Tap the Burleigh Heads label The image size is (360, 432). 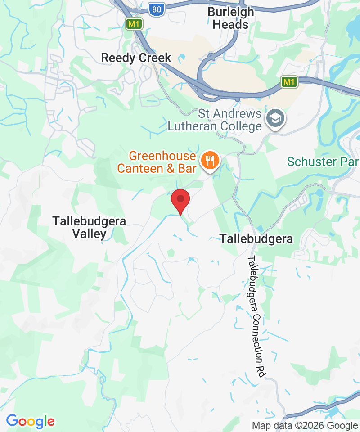(x=230, y=18)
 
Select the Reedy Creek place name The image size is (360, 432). (x=136, y=58)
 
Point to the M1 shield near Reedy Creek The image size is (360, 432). (x=134, y=24)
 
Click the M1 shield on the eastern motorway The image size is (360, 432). (x=289, y=82)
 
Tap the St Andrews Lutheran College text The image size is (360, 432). (x=215, y=120)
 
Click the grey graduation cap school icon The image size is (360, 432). (x=273, y=119)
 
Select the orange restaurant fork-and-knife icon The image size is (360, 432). (x=209, y=160)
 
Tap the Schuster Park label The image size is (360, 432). (x=323, y=161)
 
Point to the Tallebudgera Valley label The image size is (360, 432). (x=89, y=227)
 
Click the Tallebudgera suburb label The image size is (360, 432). (x=256, y=239)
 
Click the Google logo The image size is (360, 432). (x=30, y=422)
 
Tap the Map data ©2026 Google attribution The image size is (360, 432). (x=305, y=425)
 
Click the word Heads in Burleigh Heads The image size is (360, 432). (x=230, y=25)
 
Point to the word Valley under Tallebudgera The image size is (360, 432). (x=90, y=234)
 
